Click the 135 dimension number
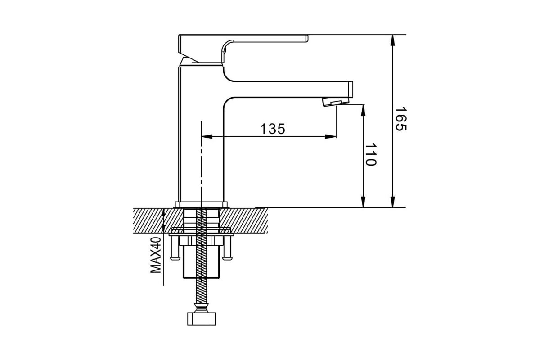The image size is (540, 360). coord(273,129)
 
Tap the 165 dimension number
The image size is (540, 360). coord(401,119)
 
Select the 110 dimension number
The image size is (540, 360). coord(370,155)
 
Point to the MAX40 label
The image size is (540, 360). coord(156,255)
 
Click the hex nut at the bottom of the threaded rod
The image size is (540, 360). coord(202,319)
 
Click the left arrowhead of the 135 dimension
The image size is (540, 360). coord(207,137)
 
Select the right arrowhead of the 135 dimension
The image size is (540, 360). coord(330,137)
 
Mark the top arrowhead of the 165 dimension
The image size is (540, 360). coord(393,40)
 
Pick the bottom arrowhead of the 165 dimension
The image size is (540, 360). coord(393,202)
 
